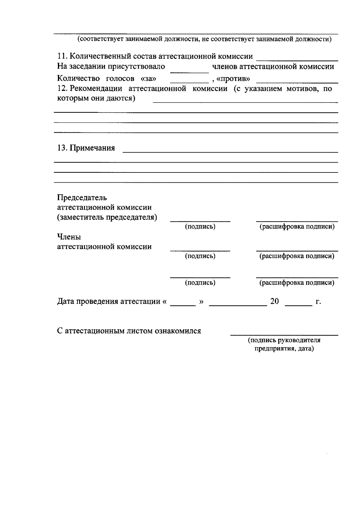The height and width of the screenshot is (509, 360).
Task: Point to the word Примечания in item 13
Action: coord(92,148)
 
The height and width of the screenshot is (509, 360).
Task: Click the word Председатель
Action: coord(82,198)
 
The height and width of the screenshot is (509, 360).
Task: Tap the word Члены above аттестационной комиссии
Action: coord(69,237)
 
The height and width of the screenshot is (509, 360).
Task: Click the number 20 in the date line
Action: coord(274,301)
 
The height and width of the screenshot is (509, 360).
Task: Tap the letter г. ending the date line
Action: coord(318,302)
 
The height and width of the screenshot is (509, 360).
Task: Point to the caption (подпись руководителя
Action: coord(284,340)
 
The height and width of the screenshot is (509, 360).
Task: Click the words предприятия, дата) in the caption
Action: coord(284,349)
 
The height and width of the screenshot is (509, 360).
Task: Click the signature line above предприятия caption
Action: coord(284,334)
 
